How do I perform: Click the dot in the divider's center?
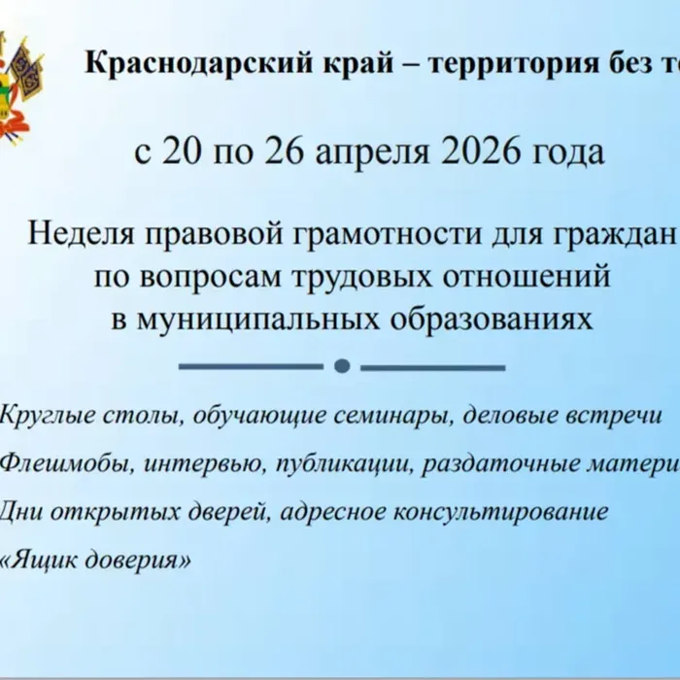(341, 366)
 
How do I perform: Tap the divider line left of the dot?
(252, 366)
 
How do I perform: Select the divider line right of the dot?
(432, 366)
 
